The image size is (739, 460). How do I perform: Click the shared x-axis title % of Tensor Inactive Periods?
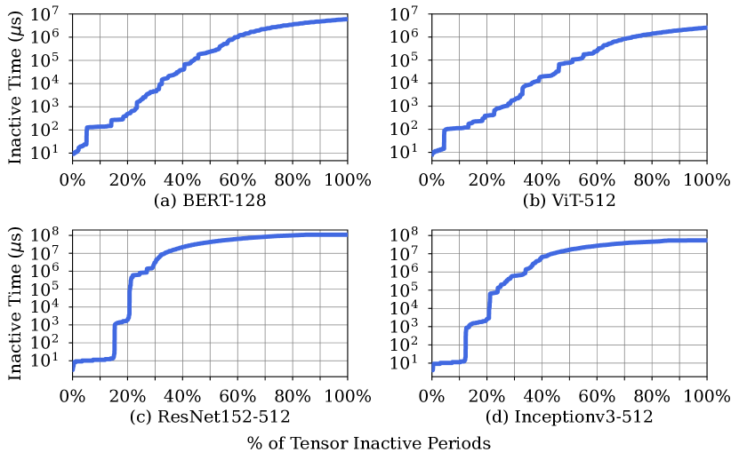[x=368, y=442]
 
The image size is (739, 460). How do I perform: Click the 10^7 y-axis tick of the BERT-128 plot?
[x=46, y=14]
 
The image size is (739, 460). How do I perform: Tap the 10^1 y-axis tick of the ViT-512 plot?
[x=405, y=153]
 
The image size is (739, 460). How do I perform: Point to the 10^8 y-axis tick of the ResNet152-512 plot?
[x=46, y=234]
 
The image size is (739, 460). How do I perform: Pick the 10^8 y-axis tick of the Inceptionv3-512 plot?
[x=405, y=234]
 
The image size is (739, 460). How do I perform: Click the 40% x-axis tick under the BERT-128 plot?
[x=182, y=179]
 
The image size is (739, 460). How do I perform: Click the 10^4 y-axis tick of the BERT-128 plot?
[x=46, y=83]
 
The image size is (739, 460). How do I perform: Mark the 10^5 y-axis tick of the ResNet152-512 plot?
[x=46, y=289]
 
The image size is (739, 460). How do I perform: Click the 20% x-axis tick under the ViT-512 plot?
[x=486, y=179]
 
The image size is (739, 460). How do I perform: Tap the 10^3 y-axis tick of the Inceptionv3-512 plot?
[x=405, y=326]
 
